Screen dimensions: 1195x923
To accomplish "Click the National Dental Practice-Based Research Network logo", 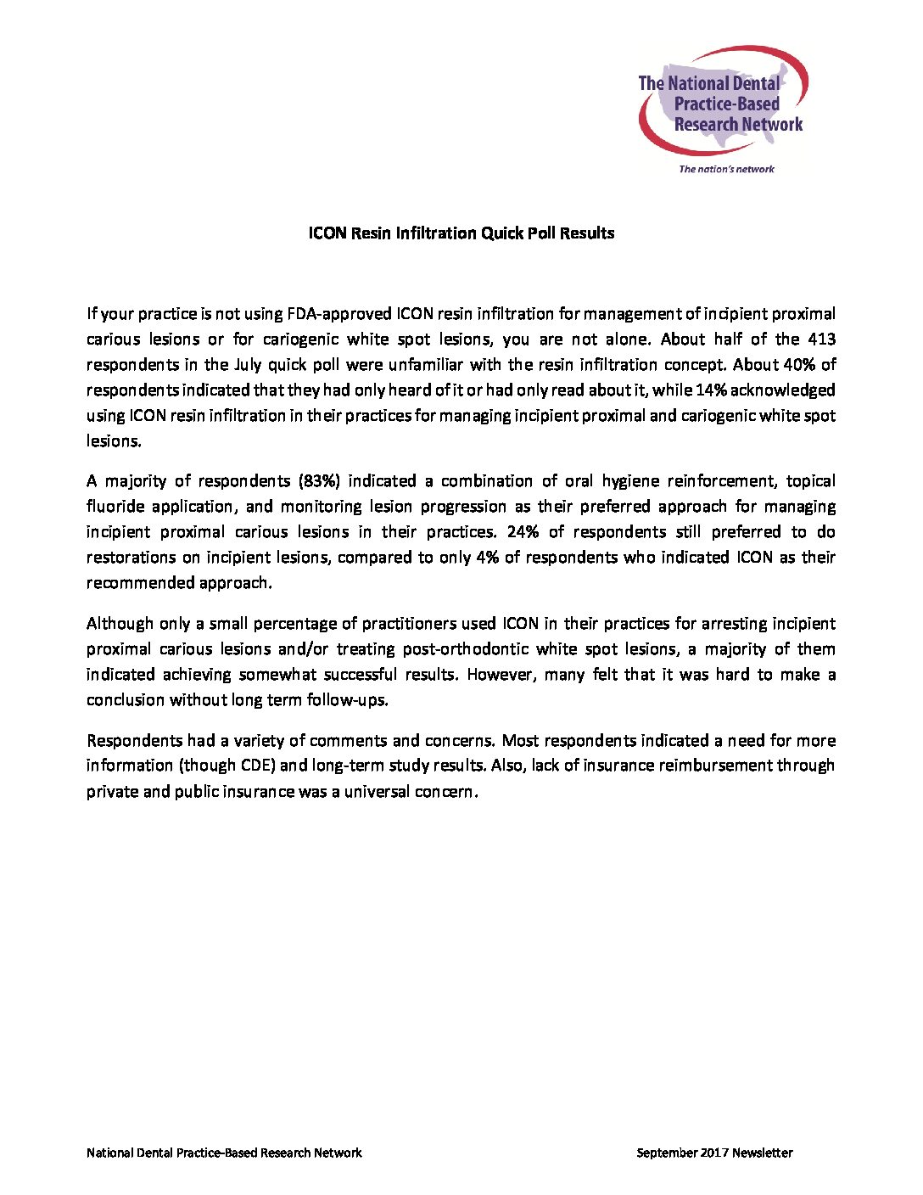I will (722, 102).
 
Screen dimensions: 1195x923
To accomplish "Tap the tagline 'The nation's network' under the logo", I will (726, 169).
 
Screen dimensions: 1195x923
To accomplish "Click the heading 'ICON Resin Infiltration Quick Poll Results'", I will (461, 233).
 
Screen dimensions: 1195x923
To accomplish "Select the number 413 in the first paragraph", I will (820, 339).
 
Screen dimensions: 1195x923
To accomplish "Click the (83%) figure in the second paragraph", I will (319, 480).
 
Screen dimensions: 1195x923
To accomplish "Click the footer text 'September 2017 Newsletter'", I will (714, 1153).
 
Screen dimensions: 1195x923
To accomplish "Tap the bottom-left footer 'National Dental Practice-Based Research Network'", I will (224, 1153).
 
